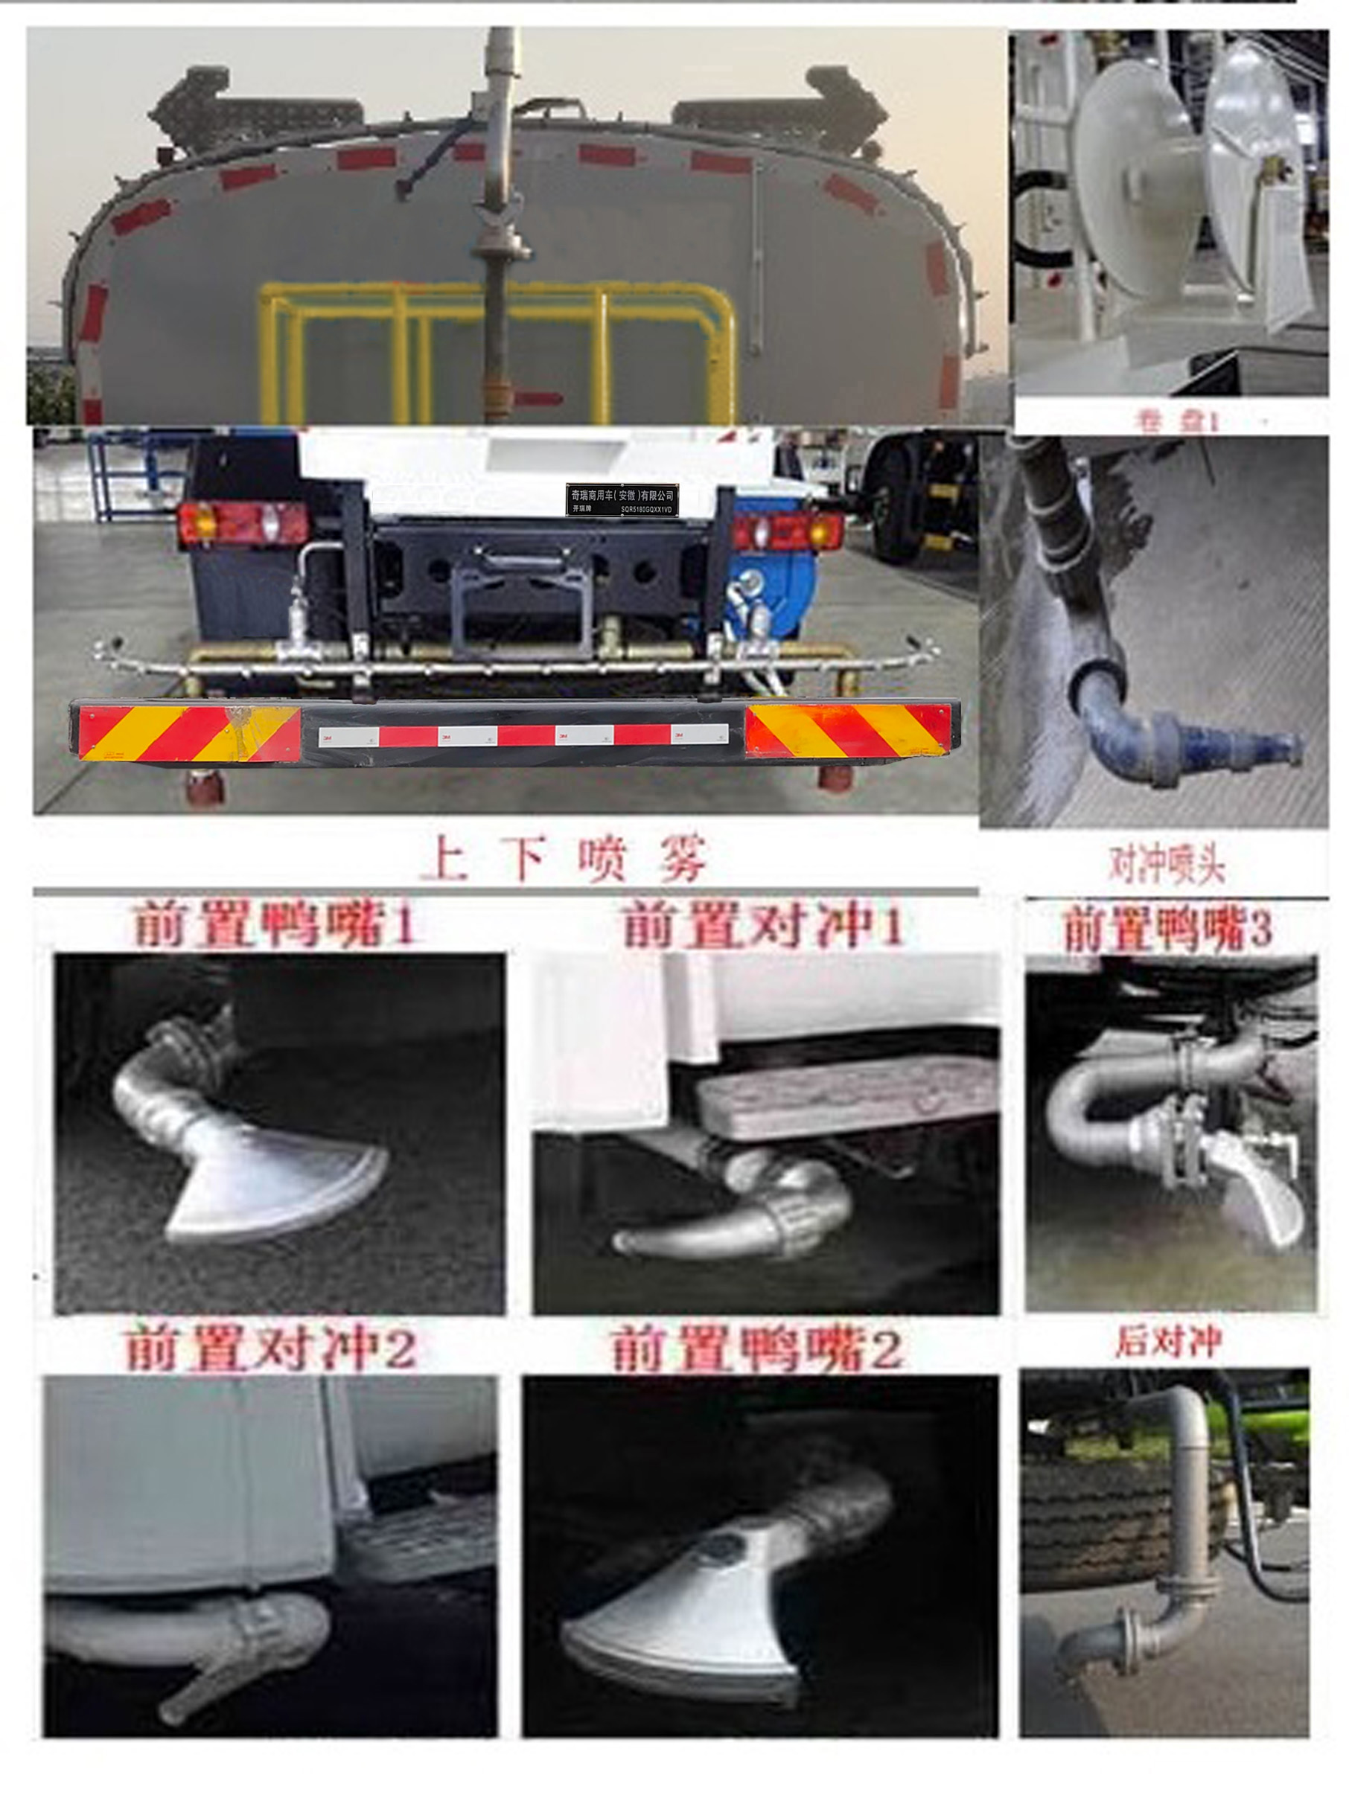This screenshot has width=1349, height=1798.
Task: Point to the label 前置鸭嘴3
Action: pyautogui.click(x=1167, y=929)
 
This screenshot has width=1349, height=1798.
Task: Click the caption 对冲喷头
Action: pyautogui.click(x=1167, y=865)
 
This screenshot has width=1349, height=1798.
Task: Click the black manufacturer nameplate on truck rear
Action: pyautogui.click(x=622, y=499)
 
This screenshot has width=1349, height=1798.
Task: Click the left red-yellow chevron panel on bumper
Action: pyautogui.click(x=188, y=732)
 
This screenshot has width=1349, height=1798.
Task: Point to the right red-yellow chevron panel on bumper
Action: pyautogui.click(x=848, y=730)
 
